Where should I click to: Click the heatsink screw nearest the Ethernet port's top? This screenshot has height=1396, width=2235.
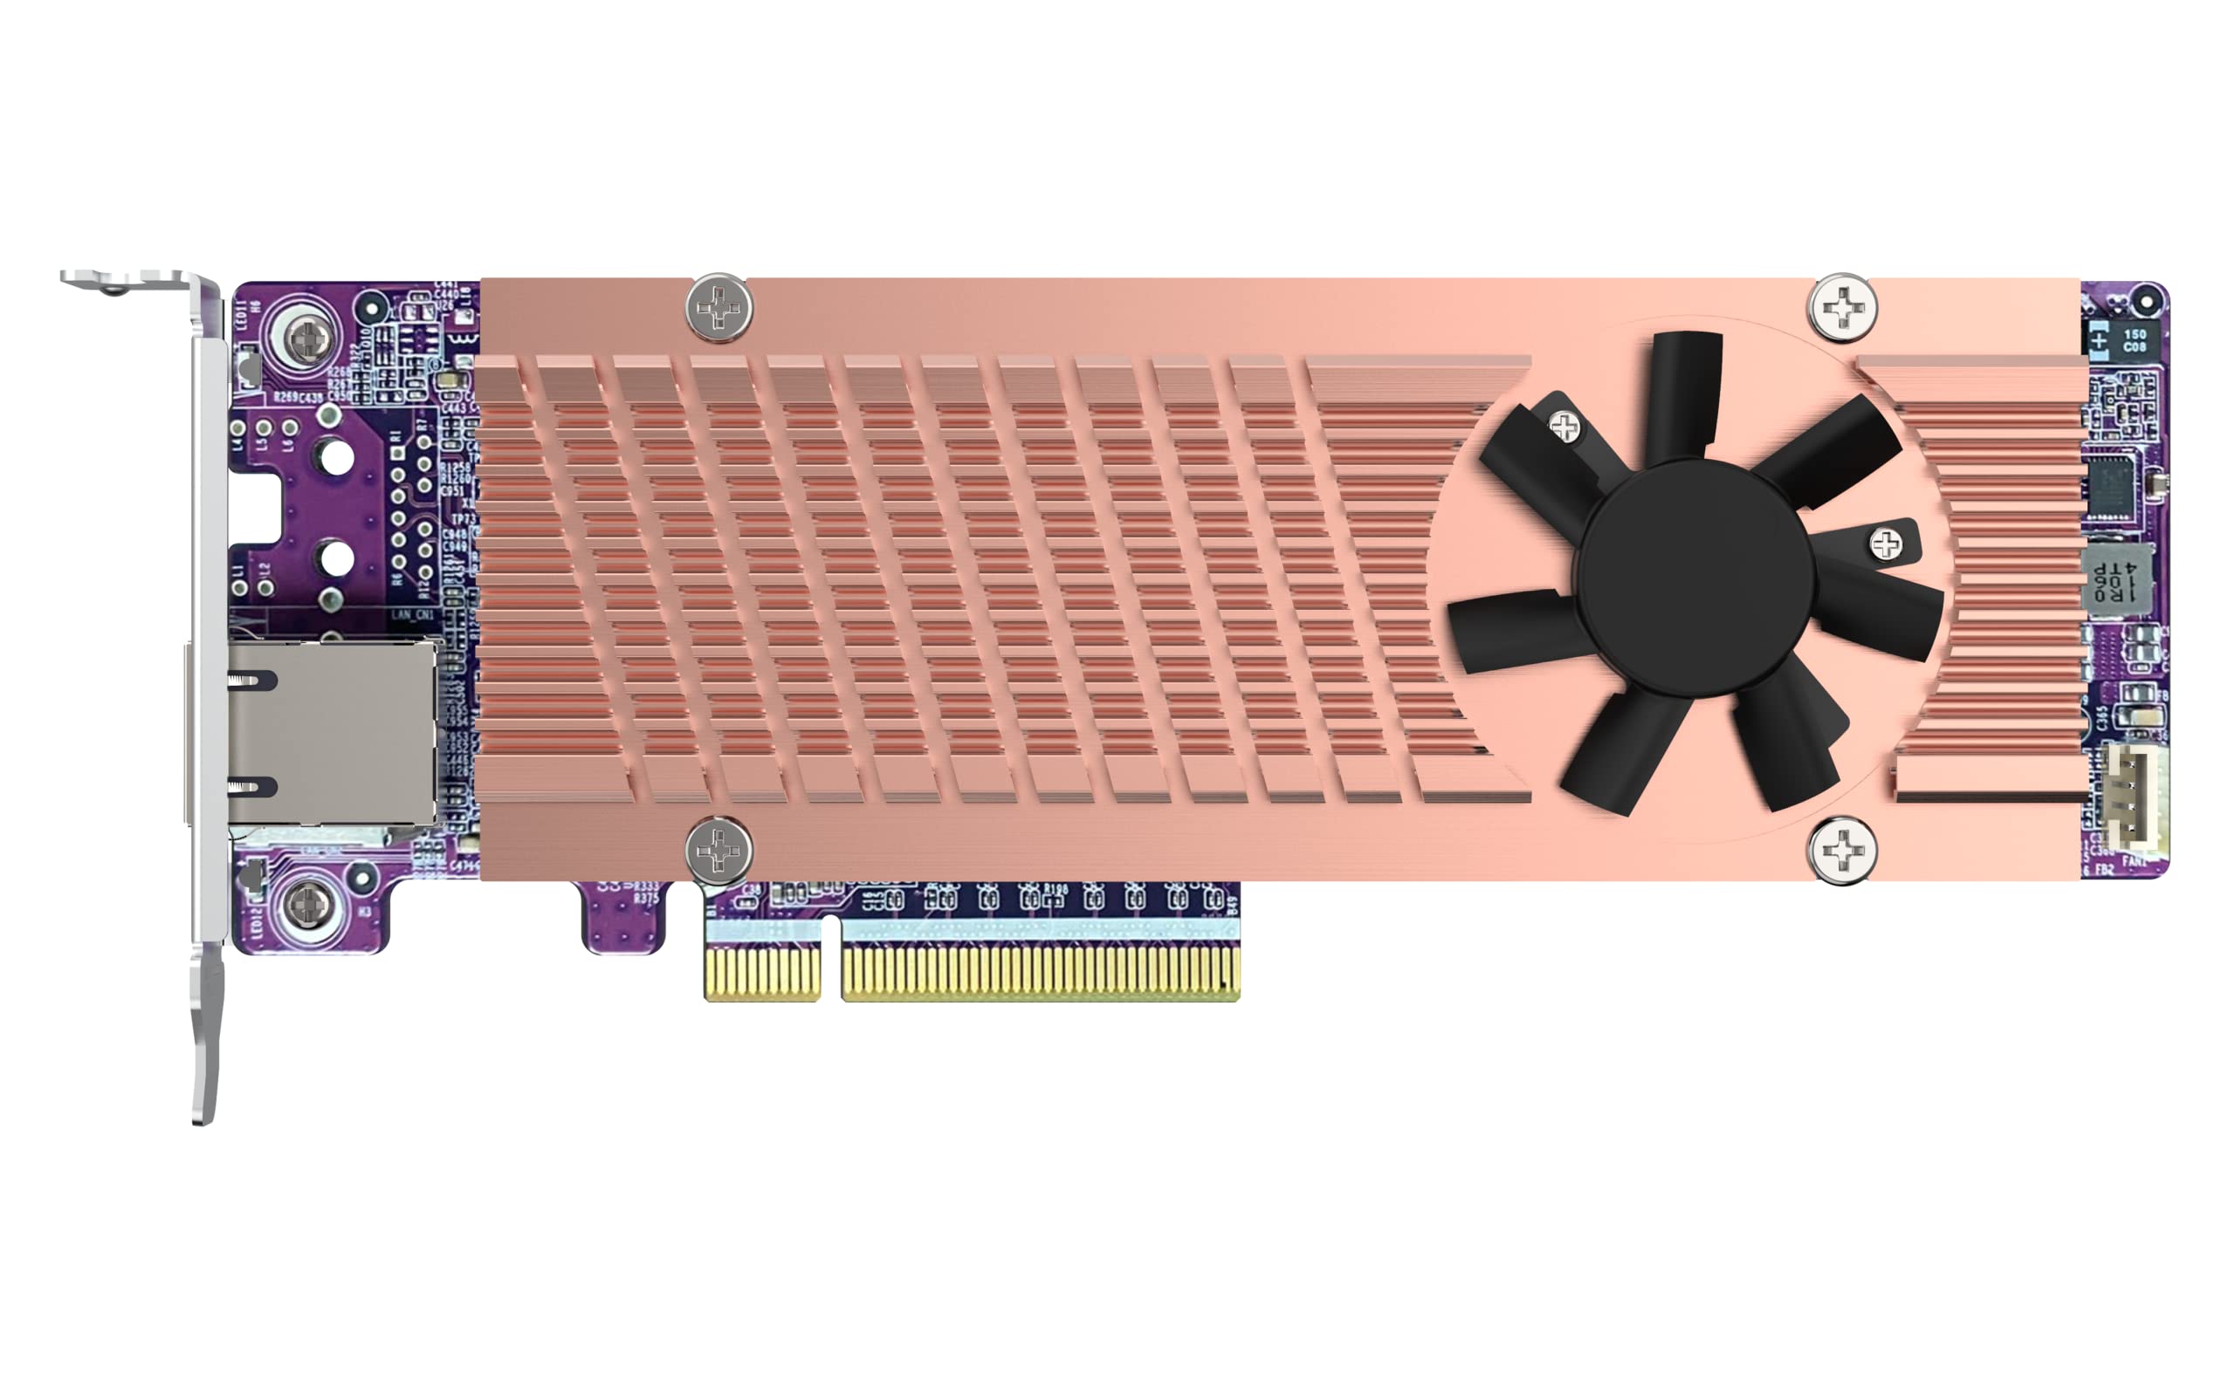[719, 307]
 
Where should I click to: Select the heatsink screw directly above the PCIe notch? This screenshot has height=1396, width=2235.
[719, 850]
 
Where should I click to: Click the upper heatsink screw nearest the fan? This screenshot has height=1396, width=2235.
[1841, 306]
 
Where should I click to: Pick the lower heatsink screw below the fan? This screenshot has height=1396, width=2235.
[1841, 851]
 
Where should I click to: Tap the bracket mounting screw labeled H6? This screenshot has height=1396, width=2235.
[308, 339]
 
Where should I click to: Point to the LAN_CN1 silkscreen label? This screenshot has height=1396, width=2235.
[411, 615]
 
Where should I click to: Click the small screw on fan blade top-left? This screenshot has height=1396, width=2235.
[1564, 427]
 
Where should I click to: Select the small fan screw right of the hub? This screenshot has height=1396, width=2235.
[1885, 544]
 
